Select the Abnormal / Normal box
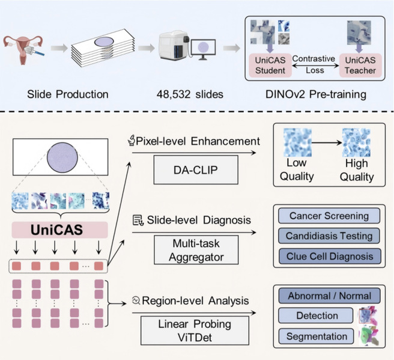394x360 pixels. pos(329,296)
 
